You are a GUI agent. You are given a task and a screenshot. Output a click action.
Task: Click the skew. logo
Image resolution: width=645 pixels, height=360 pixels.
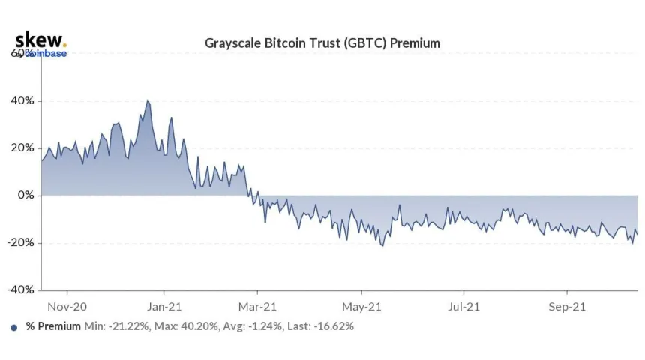(40, 40)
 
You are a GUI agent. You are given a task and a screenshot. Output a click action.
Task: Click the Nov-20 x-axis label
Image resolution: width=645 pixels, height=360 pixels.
(67, 306)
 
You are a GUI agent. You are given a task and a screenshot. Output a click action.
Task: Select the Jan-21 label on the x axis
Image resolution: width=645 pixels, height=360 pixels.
(164, 306)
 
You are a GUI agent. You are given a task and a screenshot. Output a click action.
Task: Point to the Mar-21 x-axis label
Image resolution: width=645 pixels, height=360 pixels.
(257, 306)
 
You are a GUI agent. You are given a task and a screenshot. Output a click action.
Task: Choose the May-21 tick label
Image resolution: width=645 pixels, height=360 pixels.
(361, 306)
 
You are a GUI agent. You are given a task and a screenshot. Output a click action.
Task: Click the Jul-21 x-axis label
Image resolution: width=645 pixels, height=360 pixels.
(463, 306)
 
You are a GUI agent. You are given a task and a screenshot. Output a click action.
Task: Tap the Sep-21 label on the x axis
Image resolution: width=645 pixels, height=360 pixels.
(566, 306)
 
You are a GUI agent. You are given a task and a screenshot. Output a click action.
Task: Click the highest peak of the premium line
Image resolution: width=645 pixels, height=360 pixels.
(147, 100)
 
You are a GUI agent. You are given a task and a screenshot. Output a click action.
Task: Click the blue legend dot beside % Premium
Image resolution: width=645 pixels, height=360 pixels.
(14, 327)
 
